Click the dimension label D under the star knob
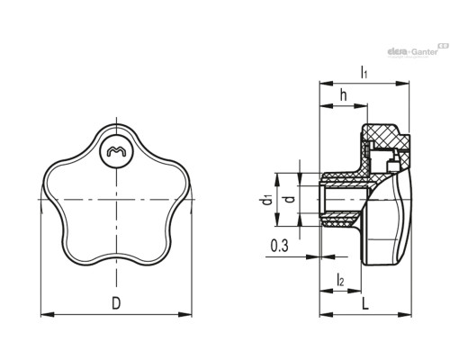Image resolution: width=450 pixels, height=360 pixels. coord(116,302)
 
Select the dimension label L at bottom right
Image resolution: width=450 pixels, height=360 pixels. coord(364,303)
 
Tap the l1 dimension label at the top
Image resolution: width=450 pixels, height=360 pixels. coord(364,72)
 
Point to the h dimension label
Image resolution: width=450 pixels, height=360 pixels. coord(344,95)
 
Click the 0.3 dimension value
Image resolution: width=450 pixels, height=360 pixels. coord(279,246)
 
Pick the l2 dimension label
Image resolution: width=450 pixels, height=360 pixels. coord(340,280)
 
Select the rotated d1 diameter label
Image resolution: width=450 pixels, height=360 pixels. coord(266,200)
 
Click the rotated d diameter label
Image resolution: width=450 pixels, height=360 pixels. coord(290,199)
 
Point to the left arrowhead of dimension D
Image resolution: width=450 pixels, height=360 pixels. coord(48,314)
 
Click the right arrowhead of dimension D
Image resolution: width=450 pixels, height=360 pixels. coord(184,314)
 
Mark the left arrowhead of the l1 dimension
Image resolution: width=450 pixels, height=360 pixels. coord(327,84)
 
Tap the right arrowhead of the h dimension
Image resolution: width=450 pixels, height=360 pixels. coord(361,106)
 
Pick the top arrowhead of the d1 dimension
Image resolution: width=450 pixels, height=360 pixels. coord(277,180)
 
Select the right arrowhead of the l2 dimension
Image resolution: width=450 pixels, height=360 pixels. coord(354,291)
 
